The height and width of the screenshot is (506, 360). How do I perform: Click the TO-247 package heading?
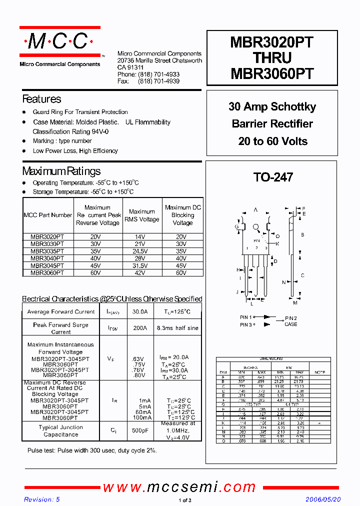(272, 177)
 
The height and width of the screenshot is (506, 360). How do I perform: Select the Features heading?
(41, 99)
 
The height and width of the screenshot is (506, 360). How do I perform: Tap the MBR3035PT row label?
(47, 251)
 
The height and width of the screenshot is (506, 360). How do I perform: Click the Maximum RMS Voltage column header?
(141, 215)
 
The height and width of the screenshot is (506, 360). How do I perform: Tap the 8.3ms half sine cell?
(177, 328)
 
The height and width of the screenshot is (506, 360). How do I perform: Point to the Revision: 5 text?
(41, 499)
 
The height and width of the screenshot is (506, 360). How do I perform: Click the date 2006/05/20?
(323, 499)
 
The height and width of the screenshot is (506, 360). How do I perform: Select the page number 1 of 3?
(184, 500)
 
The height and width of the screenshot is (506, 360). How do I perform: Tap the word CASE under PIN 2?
(290, 324)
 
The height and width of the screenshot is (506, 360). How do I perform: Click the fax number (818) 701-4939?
(158, 81)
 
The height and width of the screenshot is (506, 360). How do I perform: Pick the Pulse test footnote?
(92, 450)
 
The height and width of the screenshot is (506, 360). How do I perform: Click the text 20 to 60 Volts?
(272, 141)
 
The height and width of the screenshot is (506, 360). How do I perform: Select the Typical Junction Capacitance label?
(60, 431)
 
